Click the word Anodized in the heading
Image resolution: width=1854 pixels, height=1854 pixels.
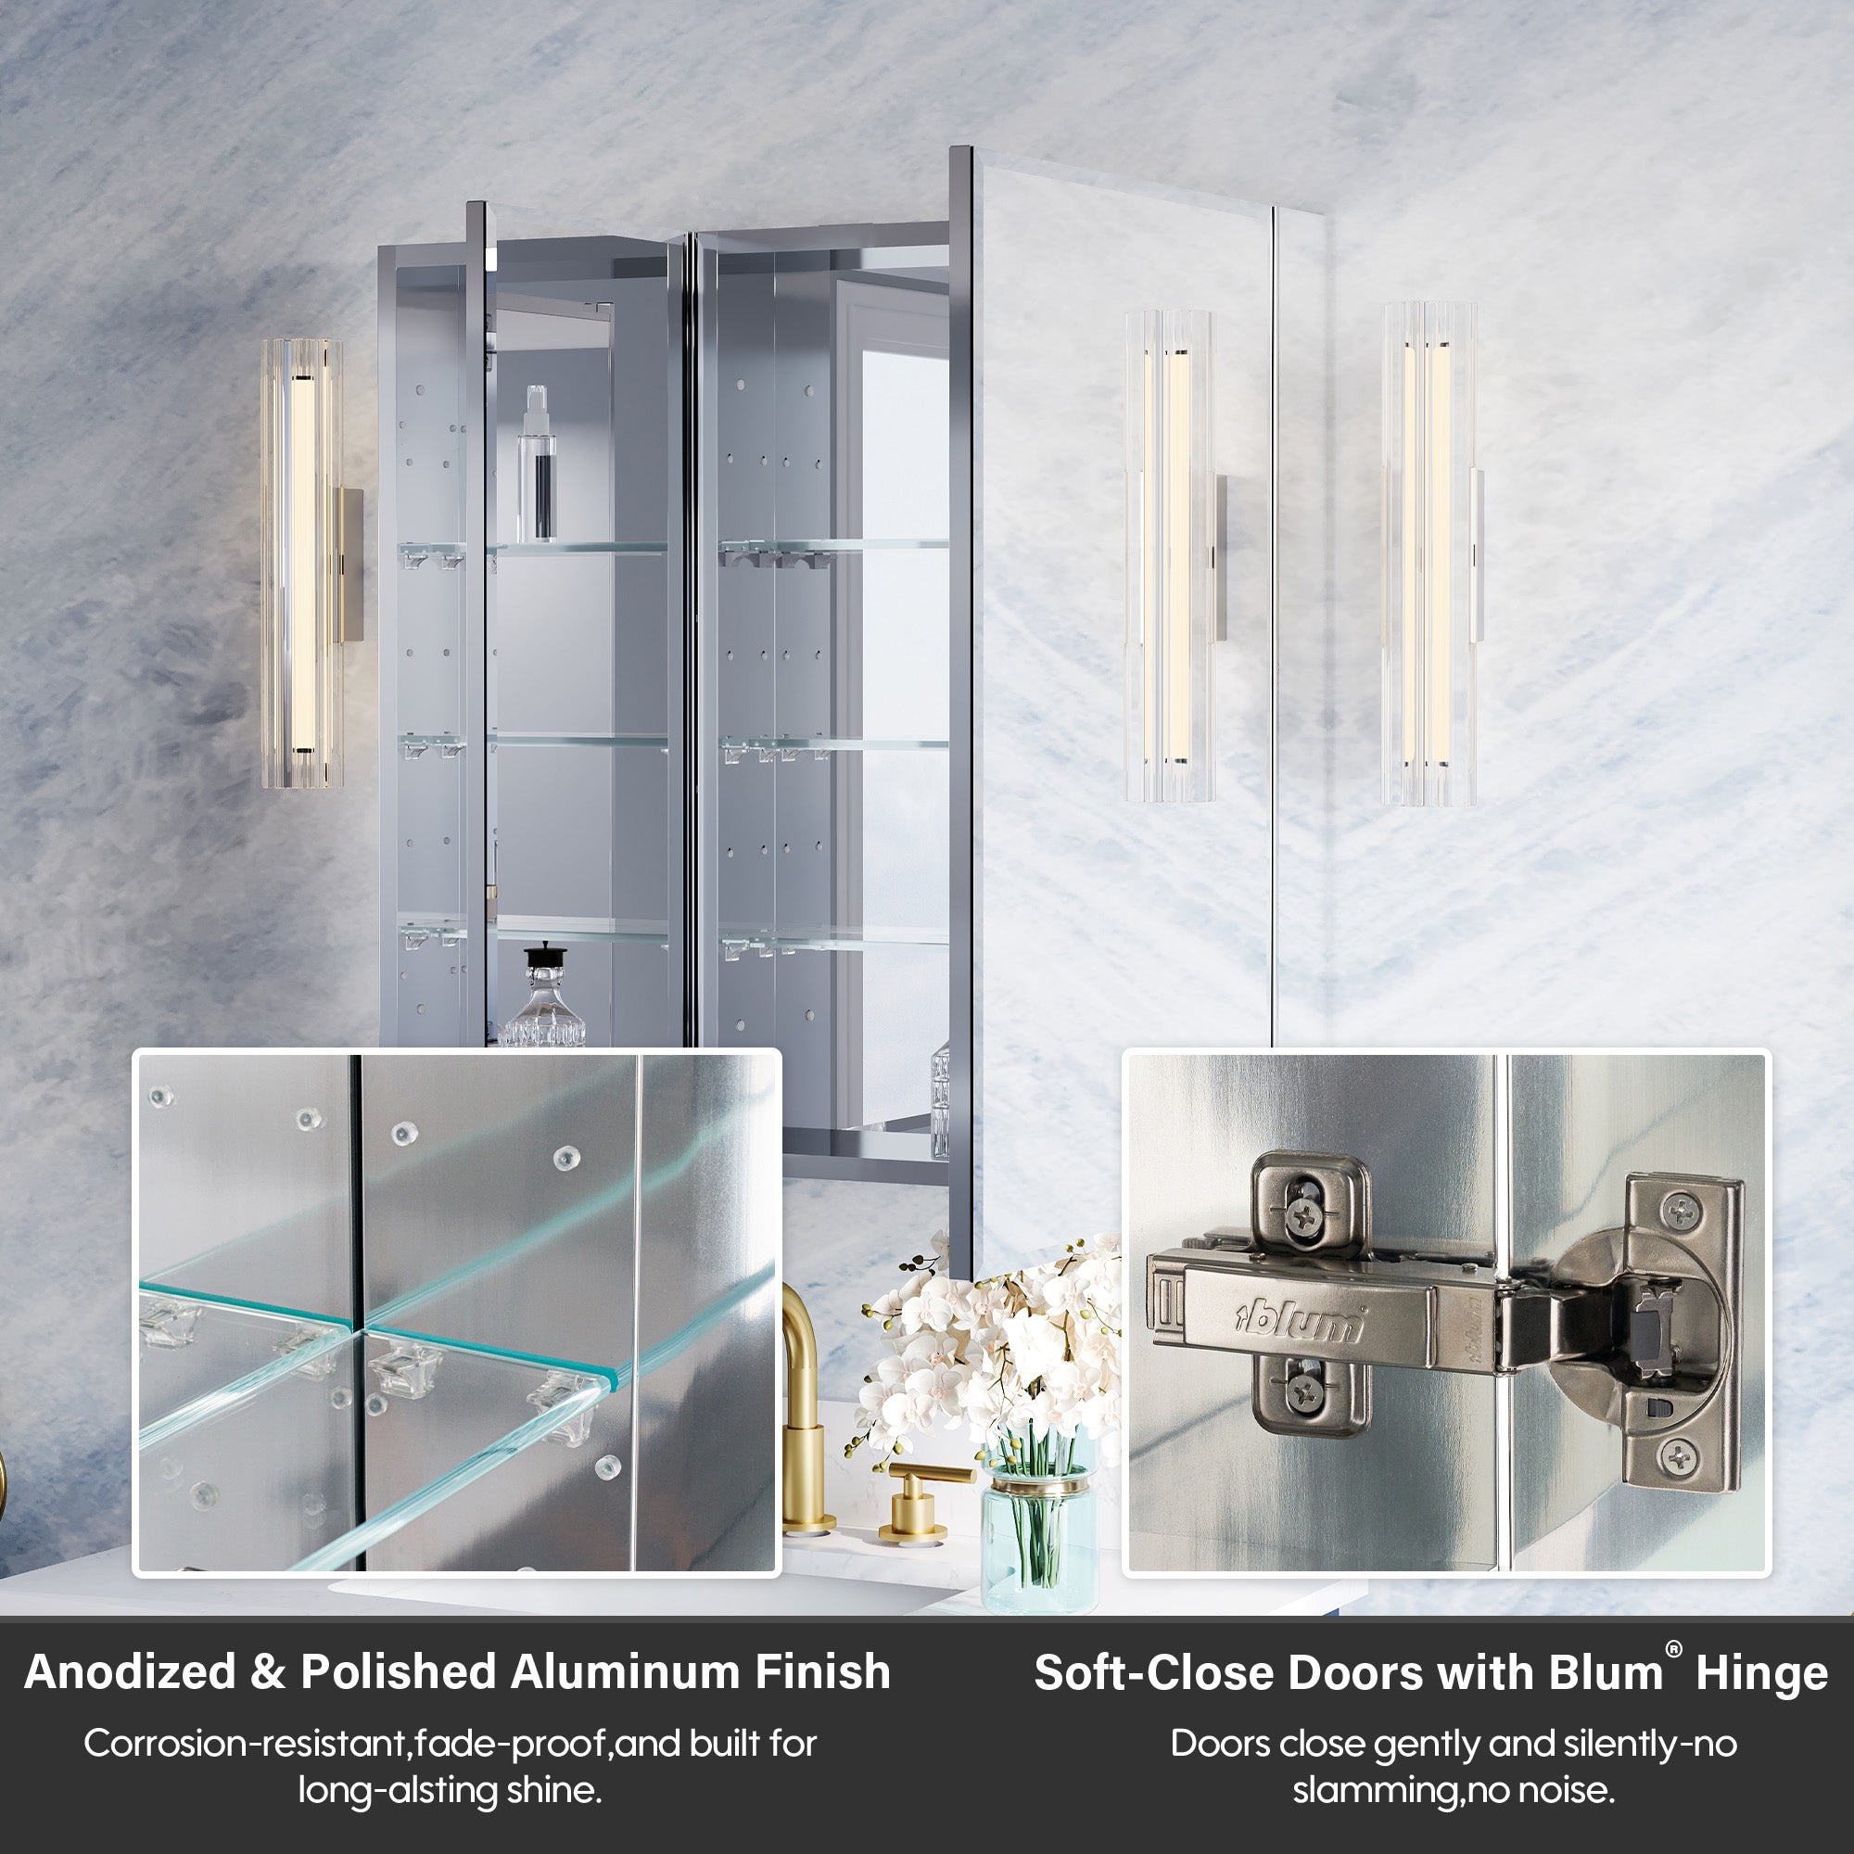tap(131, 1671)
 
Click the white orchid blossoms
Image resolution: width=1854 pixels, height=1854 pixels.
tap(988, 1343)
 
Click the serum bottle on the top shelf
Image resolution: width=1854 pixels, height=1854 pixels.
tap(538, 463)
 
